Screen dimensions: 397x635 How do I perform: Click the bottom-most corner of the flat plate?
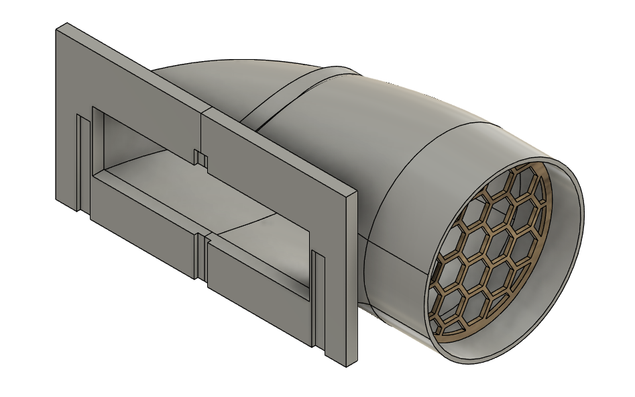click(347, 367)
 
